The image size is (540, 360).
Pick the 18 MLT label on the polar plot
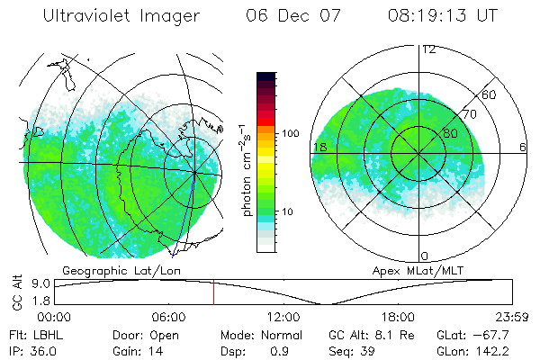tap(319, 147)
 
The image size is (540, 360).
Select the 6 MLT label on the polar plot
tap(523, 147)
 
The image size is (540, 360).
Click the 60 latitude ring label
tap(490, 94)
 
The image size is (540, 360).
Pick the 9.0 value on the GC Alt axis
tap(39, 283)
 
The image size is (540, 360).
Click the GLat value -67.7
tap(493, 334)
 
